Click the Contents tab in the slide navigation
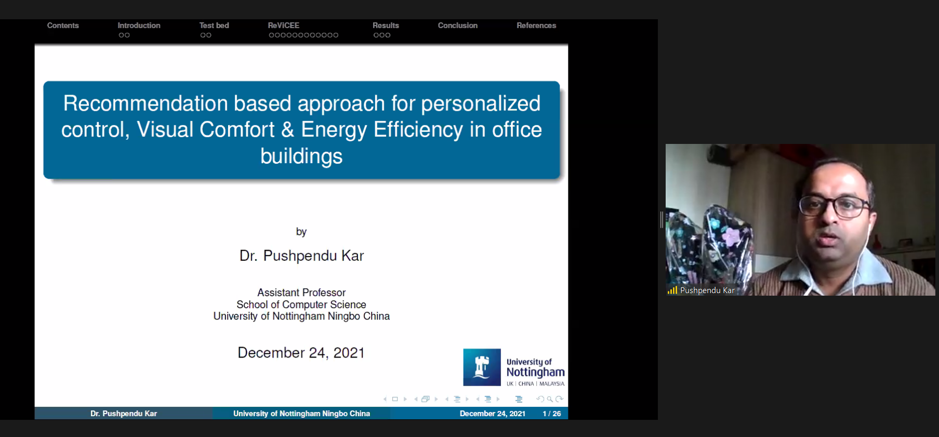click(63, 25)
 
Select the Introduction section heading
click(139, 25)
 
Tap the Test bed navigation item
click(214, 25)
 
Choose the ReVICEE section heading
click(284, 25)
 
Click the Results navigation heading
click(386, 25)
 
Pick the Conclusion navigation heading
click(457, 25)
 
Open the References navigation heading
click(536, 25)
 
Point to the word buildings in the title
click(301, 156)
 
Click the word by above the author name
click(301, 232)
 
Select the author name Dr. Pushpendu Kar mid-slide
click(301, 256)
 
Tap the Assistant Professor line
click(301, 293)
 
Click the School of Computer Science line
click(301, 304)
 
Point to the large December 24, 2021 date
click(301, 353)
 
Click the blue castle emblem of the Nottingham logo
click(482, 367)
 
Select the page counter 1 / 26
click(552, 414)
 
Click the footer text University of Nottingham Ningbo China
click(301, 414)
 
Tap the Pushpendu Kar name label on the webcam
click(707, 290)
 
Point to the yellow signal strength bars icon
click(672, 290)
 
